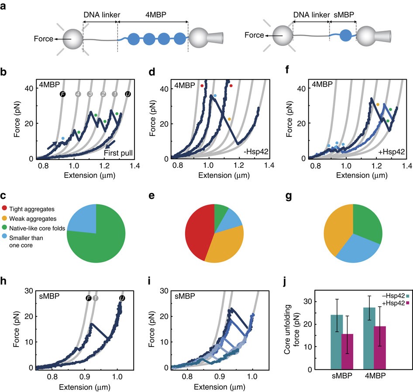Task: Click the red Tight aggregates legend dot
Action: tap(4, 208)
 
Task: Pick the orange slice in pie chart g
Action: tap(337, 229)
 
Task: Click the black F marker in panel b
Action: tap(62, 94)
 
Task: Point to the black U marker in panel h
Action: tap(122, 298)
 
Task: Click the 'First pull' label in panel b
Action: tap(118, 153)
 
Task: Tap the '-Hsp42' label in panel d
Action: tap(256, 152)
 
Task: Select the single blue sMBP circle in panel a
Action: tap(346, 35)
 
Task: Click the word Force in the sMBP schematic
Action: tap(254, 35)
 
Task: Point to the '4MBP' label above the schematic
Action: tap(156, 14)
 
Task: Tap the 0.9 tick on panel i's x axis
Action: tap(220, 376)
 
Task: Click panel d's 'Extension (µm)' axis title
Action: tap(224, 175)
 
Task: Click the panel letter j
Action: tap(285, 282)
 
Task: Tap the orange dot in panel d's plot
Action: tap(229, 119)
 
